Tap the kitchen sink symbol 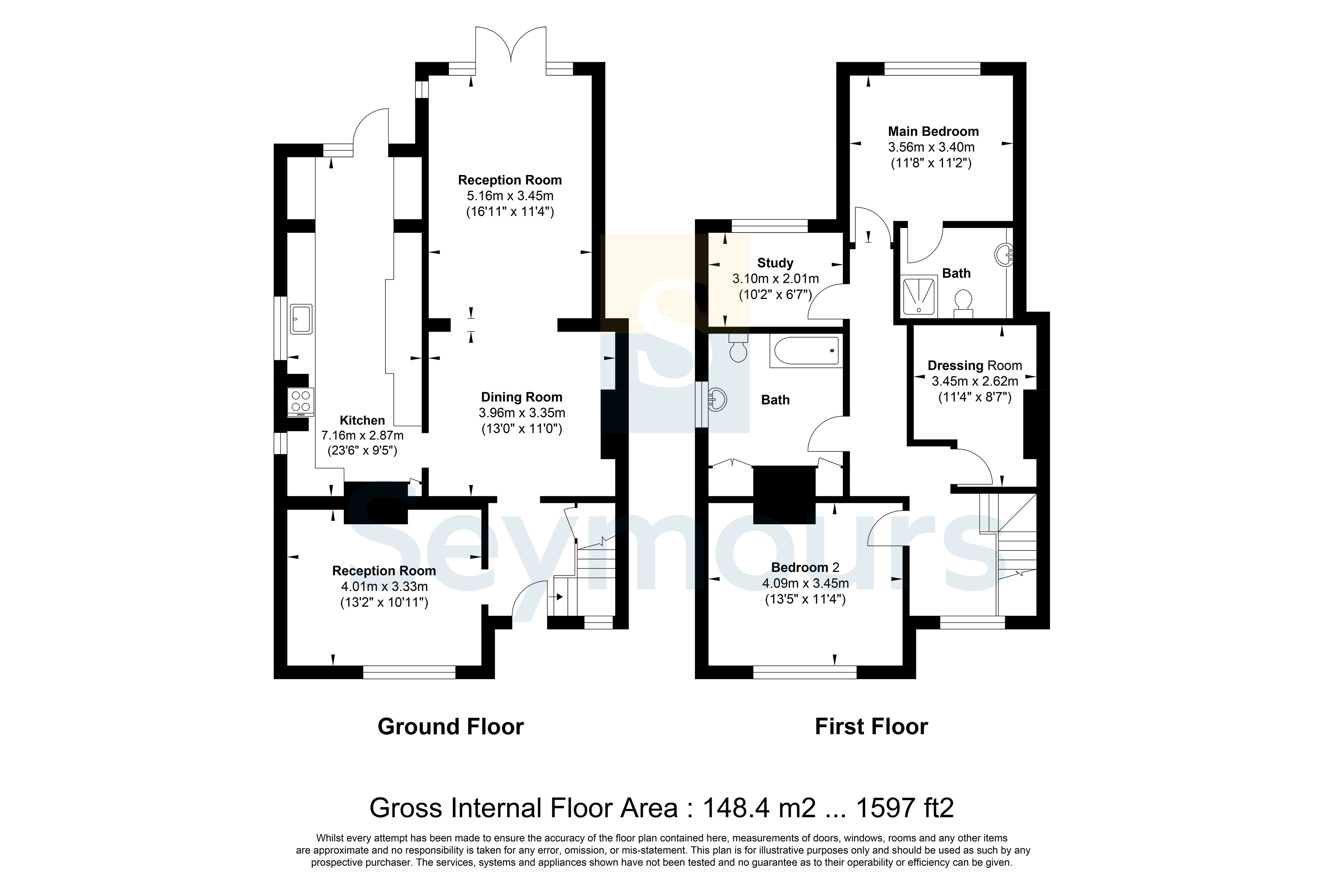tap(301, 319)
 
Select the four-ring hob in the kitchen tap(300, 402)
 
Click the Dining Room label tap(522, 397)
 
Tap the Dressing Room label tap(974, 366)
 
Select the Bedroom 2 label tap(805, 567)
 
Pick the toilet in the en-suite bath tap(963, 303)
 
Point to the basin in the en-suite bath tap(1004, 255)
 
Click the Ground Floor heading tap(450, 727)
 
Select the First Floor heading tap(871, 727)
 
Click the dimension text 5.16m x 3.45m tap(510, 196)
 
